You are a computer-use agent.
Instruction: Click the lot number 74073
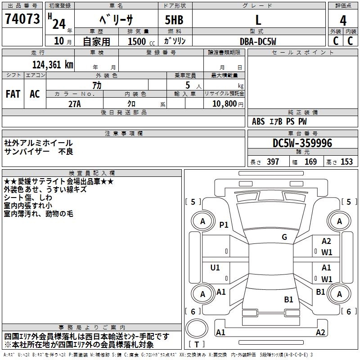[22, 19]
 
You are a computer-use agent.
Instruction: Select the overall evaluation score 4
[343, 20]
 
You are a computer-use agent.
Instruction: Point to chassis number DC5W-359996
[302, 143]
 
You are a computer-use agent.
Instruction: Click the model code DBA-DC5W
[258, 41]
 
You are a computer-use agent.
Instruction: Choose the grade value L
[258, 20]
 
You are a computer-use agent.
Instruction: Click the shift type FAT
[13, 94]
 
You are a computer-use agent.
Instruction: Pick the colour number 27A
[75, 103]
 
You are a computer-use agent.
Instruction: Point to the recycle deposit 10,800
[223, 104]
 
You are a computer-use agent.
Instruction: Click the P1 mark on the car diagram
[224, 225]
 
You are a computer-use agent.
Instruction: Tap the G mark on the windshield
[284, 237]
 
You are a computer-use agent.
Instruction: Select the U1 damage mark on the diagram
[215, 268]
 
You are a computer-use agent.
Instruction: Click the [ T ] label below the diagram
[197, 345]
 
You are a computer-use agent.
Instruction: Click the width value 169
[310, 162]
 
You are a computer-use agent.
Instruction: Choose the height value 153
[346, 162]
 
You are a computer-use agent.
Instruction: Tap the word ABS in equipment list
[258, 121]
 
